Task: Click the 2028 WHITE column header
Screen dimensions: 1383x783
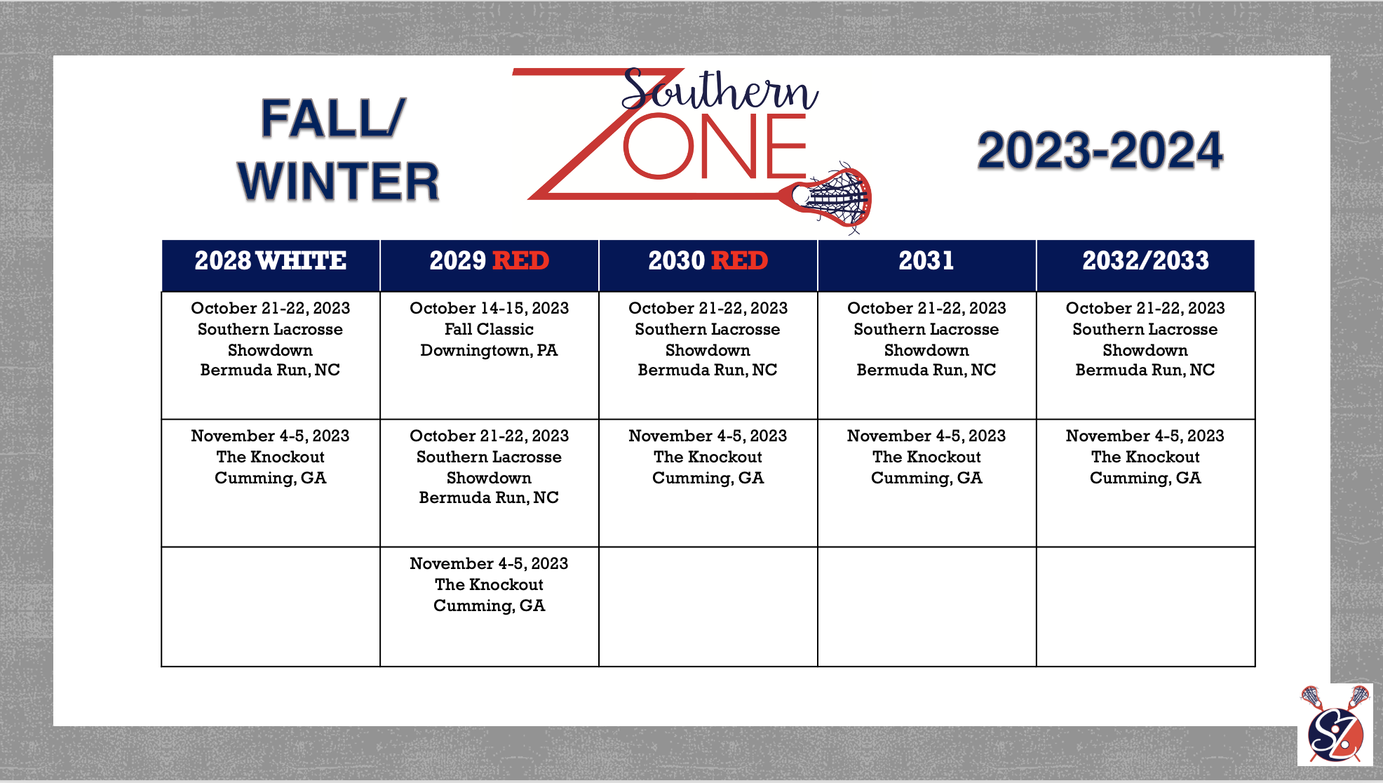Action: pyautogui.click(x=271, y=261)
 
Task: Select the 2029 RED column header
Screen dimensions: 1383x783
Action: pyautogui.click(x=490, y=261)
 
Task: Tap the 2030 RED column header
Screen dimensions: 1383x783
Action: pyautogui.click(x=708, y=261)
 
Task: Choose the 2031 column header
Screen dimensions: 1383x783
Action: pyautogui.click(x=926, y=261)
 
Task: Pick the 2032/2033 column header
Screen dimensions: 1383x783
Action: pyautogui.click(x=1146, y=261)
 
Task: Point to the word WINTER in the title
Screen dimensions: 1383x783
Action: pyautogui.click(x=339, y=182)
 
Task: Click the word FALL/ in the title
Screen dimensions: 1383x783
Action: pyautogui.click(x=333, y=118)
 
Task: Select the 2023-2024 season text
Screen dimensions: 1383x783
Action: pyautogui.click(x=1100, y=151)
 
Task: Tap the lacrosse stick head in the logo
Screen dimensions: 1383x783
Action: pyautogui.click(x=834, y=198)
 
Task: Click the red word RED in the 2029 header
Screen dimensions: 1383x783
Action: pyautogui.click(x=521, y=261)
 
